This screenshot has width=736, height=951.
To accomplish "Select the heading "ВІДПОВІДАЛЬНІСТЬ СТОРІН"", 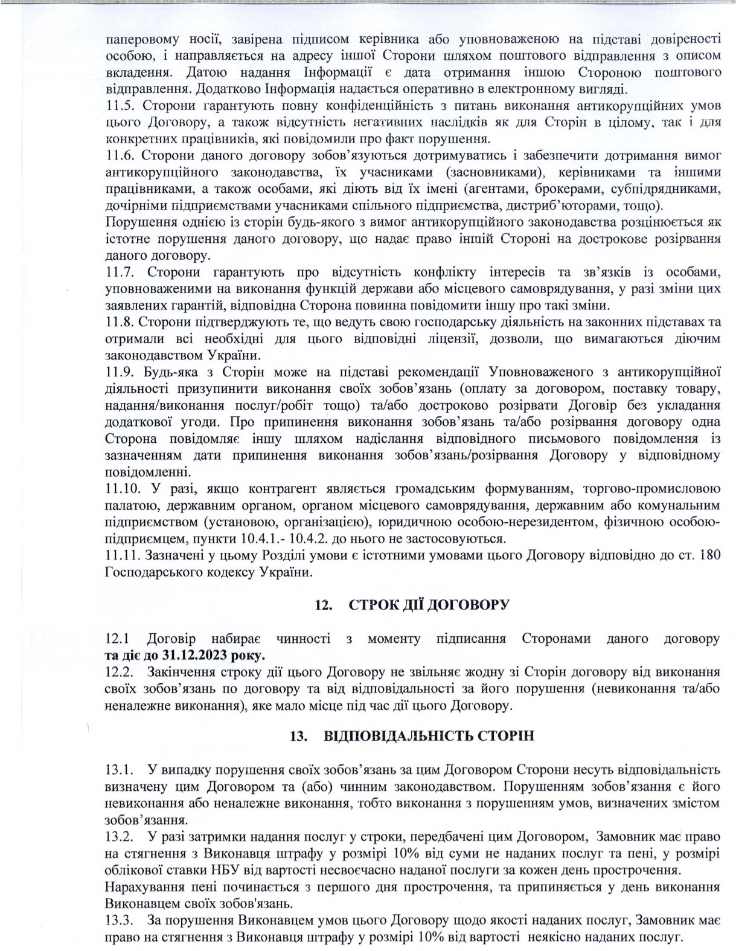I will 429,737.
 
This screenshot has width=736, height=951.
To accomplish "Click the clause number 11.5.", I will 118,105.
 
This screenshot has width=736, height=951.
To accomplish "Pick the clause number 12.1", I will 118,638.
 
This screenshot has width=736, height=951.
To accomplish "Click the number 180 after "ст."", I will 708,555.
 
